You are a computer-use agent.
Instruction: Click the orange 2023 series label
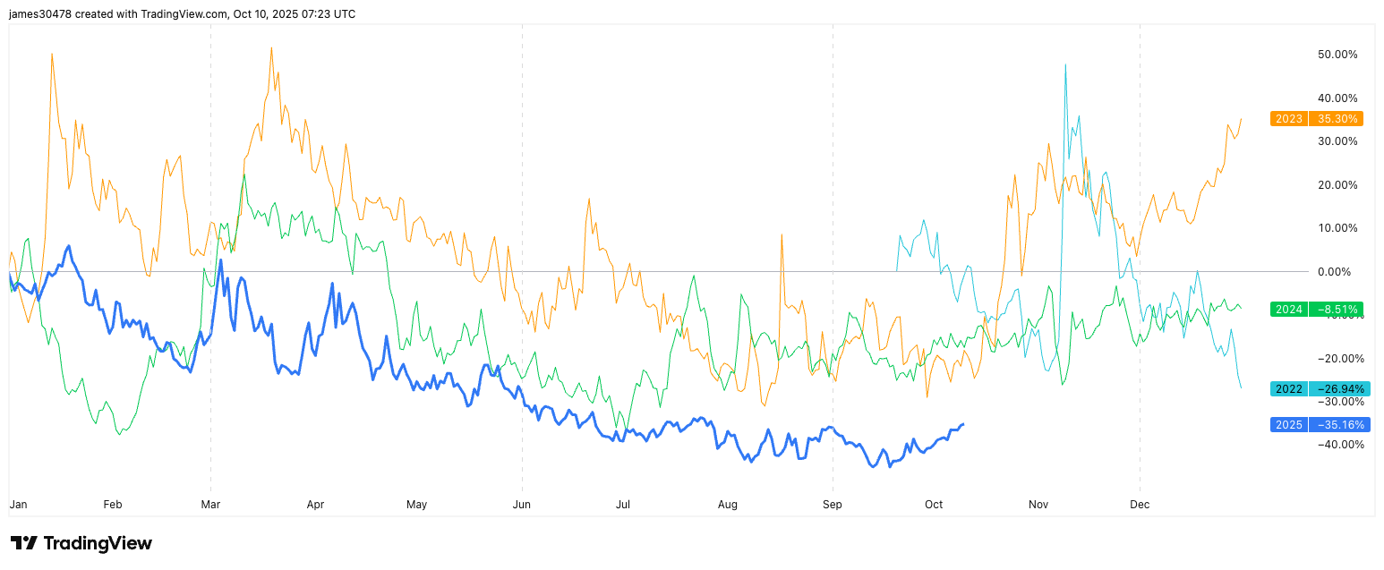tap(1288, 118)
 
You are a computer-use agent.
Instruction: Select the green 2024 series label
tap(1288, 310)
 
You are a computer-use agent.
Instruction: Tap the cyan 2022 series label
tap(1288, 389)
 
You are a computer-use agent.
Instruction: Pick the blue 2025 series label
tap(1288, 425)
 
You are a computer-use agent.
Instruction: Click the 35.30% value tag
tap(1336, 118)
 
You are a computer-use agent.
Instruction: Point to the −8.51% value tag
tap(1336, 310)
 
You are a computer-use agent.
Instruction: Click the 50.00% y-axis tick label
tap(1337, 55)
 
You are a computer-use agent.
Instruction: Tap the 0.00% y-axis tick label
tap(1340, 271)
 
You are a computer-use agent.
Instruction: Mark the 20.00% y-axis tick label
tap(1337, 185)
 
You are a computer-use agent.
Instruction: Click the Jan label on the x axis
tap(18, 505)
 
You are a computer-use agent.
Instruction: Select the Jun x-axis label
tap(522, 505)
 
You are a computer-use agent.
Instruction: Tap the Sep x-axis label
tap(833, 505)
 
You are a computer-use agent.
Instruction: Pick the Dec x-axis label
tap(1140, 505)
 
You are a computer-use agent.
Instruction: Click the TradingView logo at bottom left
tap(81, 543)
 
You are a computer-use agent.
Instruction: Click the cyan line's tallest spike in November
tap(1065, 65)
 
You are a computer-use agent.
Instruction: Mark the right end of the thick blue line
tap(963, 424)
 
